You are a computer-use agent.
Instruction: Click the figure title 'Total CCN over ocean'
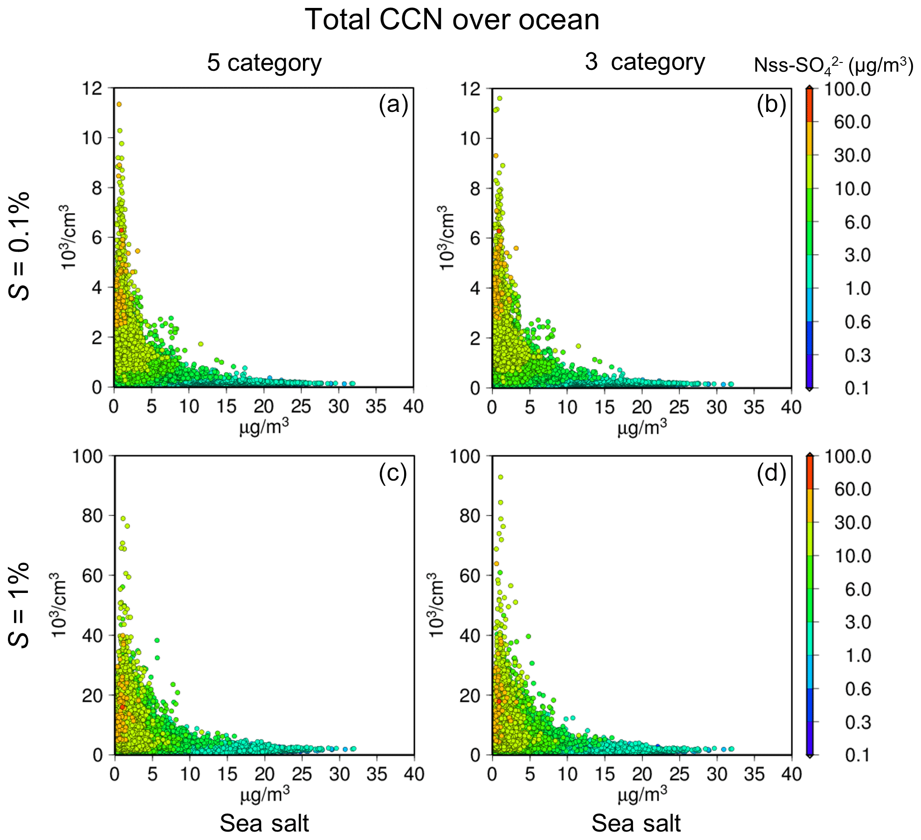(452, 20)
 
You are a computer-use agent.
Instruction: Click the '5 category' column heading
(264, 62)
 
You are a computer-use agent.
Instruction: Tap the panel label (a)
(393, 104)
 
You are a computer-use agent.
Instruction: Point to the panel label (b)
(771, 104)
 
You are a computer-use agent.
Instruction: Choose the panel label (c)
(393, 473)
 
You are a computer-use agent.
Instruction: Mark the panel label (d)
(771, 473)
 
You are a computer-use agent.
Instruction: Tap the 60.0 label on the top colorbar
(852, 122)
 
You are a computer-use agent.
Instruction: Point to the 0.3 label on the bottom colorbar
(858, 722)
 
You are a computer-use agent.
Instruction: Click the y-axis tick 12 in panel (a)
(93, 88)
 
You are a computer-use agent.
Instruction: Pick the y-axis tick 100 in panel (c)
(87, 456)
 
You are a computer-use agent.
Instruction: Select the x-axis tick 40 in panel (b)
(791, 407)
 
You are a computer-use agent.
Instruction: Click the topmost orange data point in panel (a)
(119, 104)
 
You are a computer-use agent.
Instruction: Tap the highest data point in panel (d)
(501, 477)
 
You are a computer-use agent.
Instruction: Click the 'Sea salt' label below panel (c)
(264, 823)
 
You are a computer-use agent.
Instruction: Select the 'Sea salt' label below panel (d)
(636, 823)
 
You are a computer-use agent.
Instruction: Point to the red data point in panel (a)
(121, 230)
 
